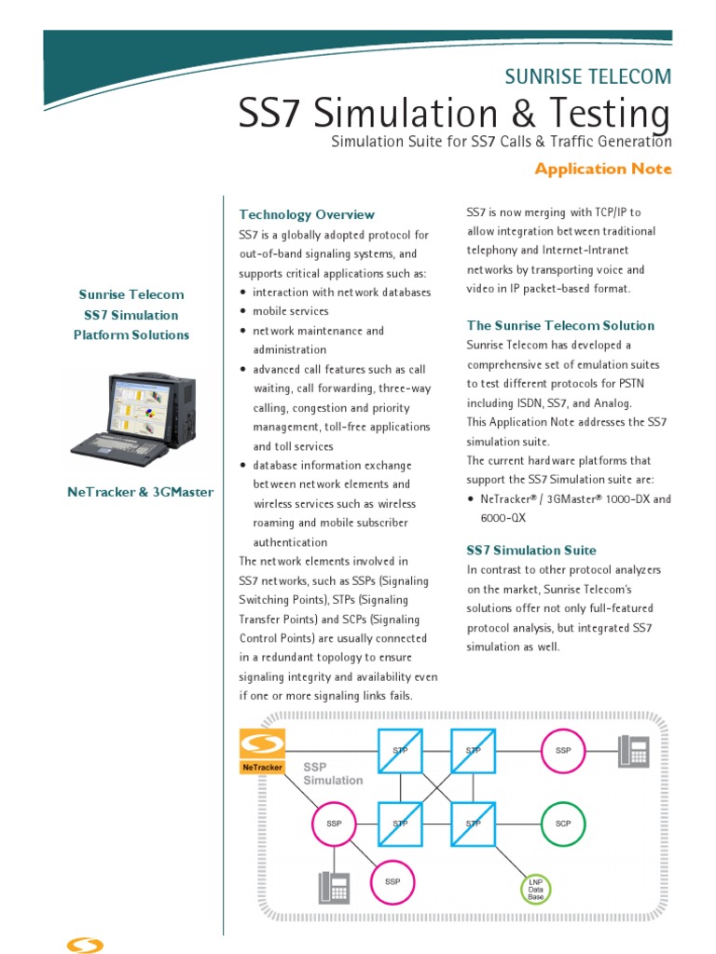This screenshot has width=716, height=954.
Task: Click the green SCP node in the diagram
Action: point(563,824)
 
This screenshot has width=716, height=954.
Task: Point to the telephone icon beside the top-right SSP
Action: point(634,750)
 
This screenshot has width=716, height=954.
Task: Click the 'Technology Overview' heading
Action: point(307,214)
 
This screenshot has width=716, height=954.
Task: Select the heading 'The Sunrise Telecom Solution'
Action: point(560,325)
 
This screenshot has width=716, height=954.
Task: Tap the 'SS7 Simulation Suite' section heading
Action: point(531,550)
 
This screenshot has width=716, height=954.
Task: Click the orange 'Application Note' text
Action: point(602,169)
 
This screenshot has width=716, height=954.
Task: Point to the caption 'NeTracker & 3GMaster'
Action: point(140,492)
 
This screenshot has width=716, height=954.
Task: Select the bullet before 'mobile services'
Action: point(242,312)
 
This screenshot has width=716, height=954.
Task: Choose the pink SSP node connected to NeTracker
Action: point(334,825)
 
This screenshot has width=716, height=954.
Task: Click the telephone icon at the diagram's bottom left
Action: point(333,886)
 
